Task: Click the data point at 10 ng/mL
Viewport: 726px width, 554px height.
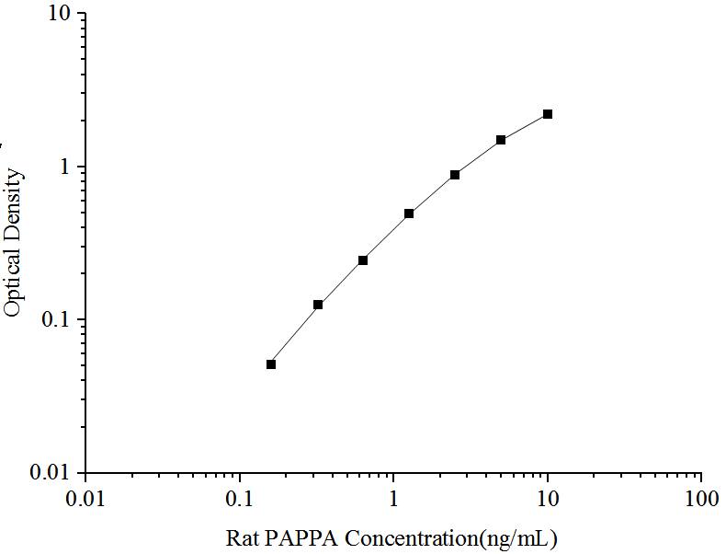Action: pos(548,114)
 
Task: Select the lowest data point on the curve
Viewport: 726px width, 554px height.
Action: pos(271,364)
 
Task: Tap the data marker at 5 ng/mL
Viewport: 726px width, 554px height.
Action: pos(501,140)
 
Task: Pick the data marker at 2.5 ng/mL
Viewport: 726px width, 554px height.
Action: pos(455,175)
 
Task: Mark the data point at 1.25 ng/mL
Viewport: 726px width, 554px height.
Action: pos(409,214)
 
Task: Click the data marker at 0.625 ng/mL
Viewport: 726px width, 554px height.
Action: pos(363,260)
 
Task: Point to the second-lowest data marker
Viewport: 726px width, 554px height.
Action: pos(318,305)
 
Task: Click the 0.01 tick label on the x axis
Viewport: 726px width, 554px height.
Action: pos(85,500)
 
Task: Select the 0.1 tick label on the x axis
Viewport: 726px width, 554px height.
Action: pos(240,500)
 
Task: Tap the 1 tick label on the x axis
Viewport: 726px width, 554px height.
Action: pos(393,500)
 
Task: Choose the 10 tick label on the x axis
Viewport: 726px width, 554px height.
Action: pos(548,500)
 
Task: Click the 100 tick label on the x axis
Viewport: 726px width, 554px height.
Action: pos(701,500)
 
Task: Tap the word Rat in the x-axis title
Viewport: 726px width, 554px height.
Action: pos(241,538)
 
